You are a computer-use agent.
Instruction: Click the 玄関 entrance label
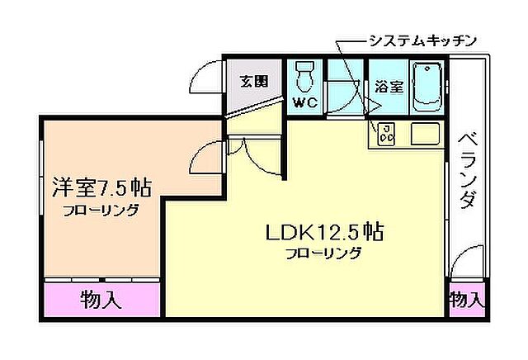click(x=254, y=82)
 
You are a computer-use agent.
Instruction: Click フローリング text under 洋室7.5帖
click(x=101, y=210)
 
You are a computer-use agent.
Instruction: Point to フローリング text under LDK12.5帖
click(x=323, y=253)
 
